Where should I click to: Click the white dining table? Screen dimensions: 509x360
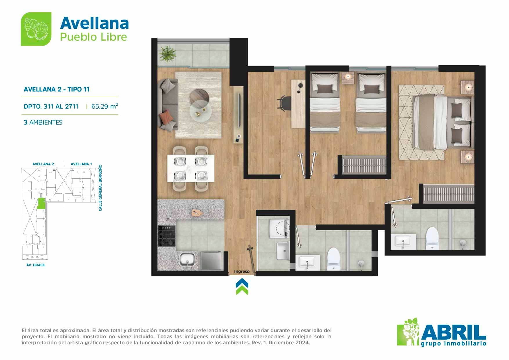pyautogui.click(x=191, y=168)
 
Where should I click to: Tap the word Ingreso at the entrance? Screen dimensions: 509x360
pyautogui.click(x=242, y=271)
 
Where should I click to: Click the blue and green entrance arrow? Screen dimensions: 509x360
pyautogui.click(x=242, y=287)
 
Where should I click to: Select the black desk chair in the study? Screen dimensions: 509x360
pyautogui.click(x=284, y=103)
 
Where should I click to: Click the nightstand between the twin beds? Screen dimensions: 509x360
pyautogui.click(x=348, y=78)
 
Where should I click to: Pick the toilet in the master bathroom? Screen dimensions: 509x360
pyautogui.click(x=432, y=238)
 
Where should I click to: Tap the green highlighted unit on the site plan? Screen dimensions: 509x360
pyautogui.click(x=41, y=204)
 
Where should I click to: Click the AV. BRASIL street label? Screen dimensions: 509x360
pyautogui.click(x=36, y=265)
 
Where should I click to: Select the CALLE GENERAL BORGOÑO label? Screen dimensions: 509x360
pyautogui.click(x=100, y=188)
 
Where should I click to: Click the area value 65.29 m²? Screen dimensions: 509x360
pyautogui.click(x=104, y=106)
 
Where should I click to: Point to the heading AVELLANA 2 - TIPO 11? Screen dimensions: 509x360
pyautogui.click(x=57, y=89)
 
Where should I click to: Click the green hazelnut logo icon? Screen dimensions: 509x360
pyautogui.click(x=36, y=29)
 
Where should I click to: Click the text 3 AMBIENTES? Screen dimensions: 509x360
pyautogui.click(x=43, y=123)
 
